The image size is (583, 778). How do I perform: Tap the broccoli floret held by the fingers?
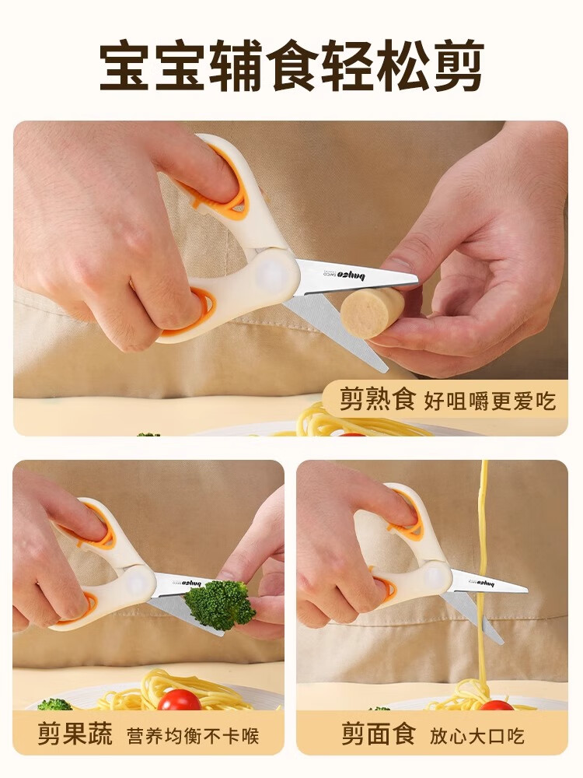click(218, 603)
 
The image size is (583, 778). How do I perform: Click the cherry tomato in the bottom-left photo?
click(179, 699)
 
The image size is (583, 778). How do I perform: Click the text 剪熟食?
click(377, 399)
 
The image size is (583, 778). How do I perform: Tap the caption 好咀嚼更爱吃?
click(490, 401)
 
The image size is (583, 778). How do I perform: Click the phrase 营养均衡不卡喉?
click(193, 735)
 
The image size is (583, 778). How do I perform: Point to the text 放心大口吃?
click(477, 735)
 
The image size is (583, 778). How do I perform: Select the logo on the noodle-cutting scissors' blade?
click(487, 581)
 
